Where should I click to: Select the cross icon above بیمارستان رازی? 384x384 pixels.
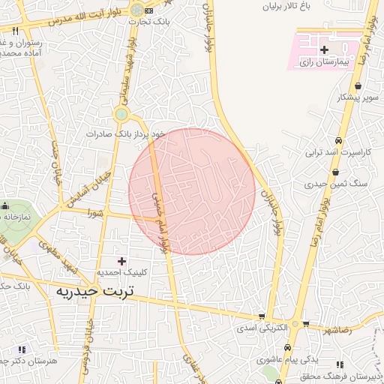point(324,50)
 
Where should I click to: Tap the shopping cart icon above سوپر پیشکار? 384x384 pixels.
point(361,84)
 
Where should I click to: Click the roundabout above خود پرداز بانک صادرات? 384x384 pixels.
point(121,114)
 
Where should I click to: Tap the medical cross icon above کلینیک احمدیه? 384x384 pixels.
point(121,260)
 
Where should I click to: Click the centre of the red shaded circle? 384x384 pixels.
point(193,191)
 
